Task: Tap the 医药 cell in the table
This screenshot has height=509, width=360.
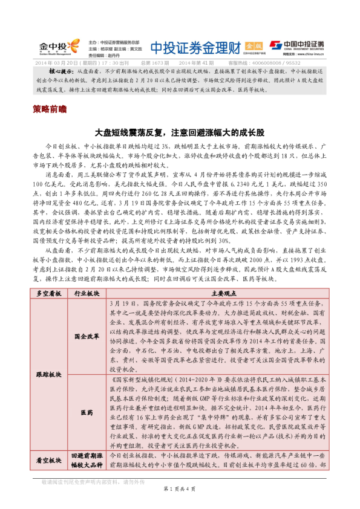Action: click(87, 412)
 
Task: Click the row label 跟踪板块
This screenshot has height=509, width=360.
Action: click(49, 374)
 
